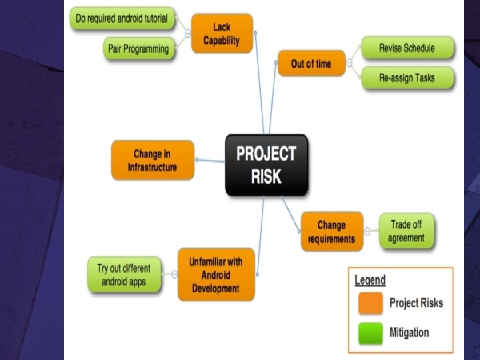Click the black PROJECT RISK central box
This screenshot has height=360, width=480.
pyautogui.click(x=267, y=165)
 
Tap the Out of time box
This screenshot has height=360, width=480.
pyautogui.click(x=310, y=64)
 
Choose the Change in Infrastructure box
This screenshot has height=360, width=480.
pyautogui.click(x=153, y=160)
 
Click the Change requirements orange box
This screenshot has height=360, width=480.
pyautogui.click(x=331, y=231)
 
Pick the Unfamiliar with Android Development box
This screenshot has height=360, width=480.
pyautogui.click(x=216, y=274)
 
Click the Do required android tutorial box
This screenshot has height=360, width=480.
pyautogui.click(x=121, y=18)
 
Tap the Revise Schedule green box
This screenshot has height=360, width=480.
pyautogui.click(x=407, y=48)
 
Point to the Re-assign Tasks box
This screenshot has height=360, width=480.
pyautogui.click(x=407, y=78)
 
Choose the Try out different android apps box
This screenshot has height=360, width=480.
pyautogui.click(x=124, y=275)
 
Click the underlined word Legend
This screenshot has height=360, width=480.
pyautogui.click(x=370, y=280)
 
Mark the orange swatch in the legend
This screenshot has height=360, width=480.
pyautogui.click(x=370, y=303)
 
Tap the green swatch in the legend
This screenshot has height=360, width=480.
pyautogui.click(x=370, y=333)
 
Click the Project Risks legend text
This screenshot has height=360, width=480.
pyautogui.click(x=416, y=303)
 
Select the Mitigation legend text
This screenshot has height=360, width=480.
pyautogui.click(x=409, y=333)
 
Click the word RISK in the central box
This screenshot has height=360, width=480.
pyautogui.click(x=267, y=177)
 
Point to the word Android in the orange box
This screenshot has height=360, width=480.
pyautogui.click(x=215, y=275)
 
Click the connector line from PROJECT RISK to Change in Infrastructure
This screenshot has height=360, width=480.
pyautogui.click(x=211, y=161)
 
